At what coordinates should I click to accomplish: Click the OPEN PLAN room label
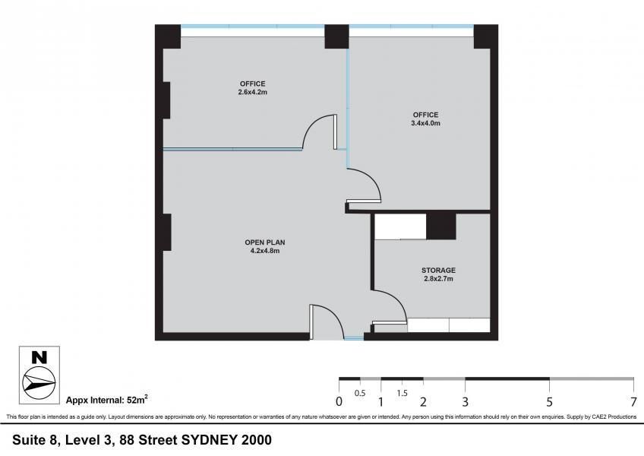265,242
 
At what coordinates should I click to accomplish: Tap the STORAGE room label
438,270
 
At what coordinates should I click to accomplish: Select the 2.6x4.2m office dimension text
253,92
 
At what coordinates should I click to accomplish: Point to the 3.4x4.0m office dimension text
426,123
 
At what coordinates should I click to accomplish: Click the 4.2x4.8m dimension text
265,251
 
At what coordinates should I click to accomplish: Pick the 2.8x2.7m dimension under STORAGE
439,278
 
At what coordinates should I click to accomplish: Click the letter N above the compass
39,357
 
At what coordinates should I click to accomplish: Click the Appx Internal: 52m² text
107,399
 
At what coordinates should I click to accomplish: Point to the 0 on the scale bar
339,401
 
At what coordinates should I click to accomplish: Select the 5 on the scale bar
550,401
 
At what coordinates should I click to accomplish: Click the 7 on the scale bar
633,401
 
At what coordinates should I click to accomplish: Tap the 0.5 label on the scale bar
360,393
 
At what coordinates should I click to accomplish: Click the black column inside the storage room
441,226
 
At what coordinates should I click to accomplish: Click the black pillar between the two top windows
336,36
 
